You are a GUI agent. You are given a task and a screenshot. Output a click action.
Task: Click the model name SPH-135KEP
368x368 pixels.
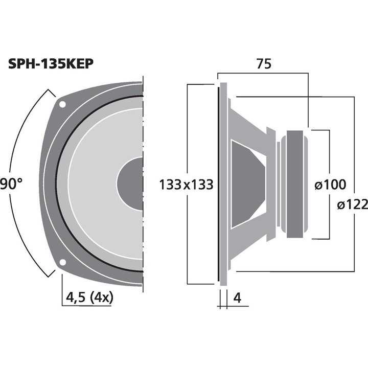click(51, 64)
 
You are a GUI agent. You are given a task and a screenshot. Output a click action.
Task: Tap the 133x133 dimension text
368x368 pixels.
click(186, 185)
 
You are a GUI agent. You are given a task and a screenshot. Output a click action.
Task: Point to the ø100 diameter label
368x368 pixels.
click(330, 185)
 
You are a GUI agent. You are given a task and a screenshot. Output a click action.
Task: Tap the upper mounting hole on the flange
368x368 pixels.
click(62, 104)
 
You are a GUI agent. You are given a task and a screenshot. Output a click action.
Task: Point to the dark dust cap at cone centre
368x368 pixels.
click(131, 183)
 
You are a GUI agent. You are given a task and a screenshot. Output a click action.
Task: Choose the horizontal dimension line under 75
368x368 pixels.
click(263, 73)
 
